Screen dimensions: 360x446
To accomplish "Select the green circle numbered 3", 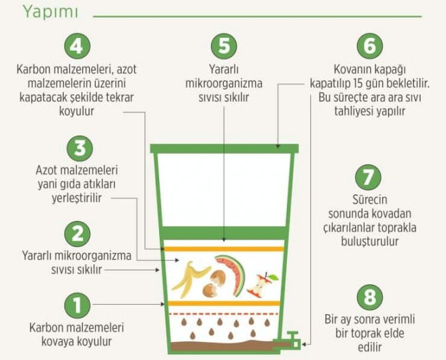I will [79, 148].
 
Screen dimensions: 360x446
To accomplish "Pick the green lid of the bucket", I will [224, 148].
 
